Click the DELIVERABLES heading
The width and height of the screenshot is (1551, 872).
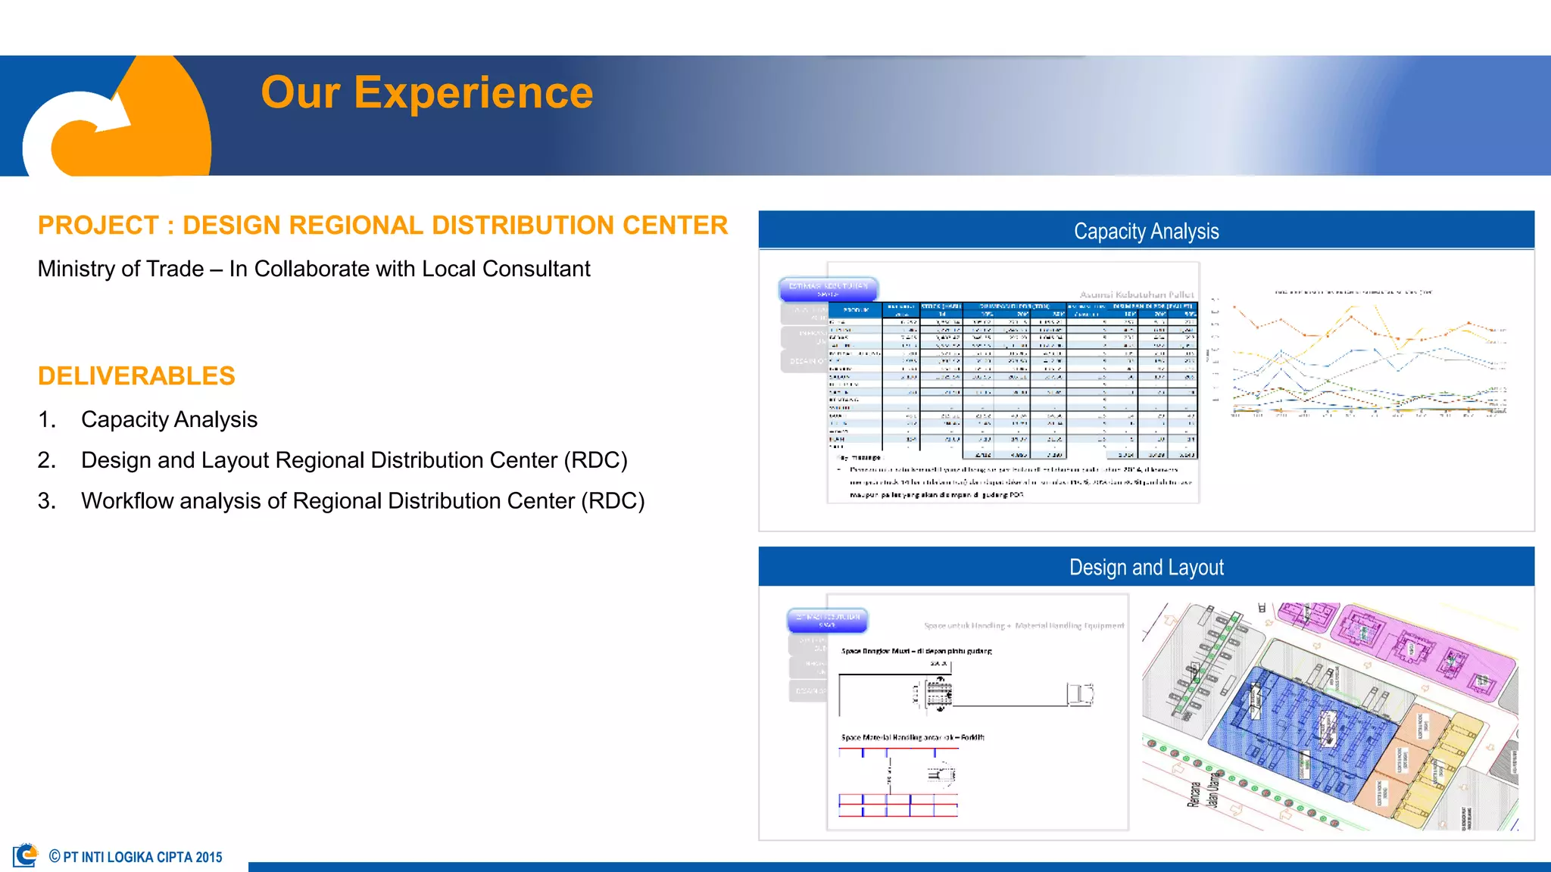136,376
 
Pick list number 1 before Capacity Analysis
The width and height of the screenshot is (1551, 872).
47,419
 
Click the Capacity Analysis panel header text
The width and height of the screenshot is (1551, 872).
1146,232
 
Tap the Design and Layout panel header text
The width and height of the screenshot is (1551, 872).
1146,568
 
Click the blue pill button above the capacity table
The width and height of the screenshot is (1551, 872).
829,288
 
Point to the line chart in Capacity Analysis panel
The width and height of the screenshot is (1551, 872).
1363,356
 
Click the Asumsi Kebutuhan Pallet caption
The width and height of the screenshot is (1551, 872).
1136,294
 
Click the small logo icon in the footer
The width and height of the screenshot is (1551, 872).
26,855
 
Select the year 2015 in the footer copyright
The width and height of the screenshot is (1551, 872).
209,858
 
